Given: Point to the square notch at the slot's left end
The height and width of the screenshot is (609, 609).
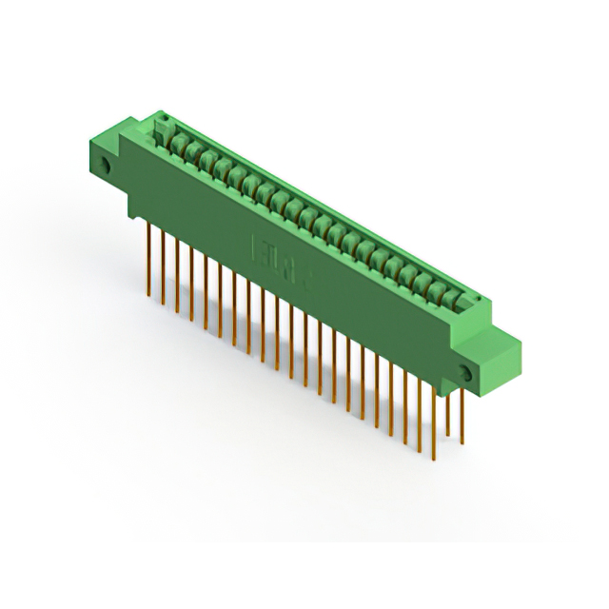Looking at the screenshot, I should (x=163, y=123).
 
